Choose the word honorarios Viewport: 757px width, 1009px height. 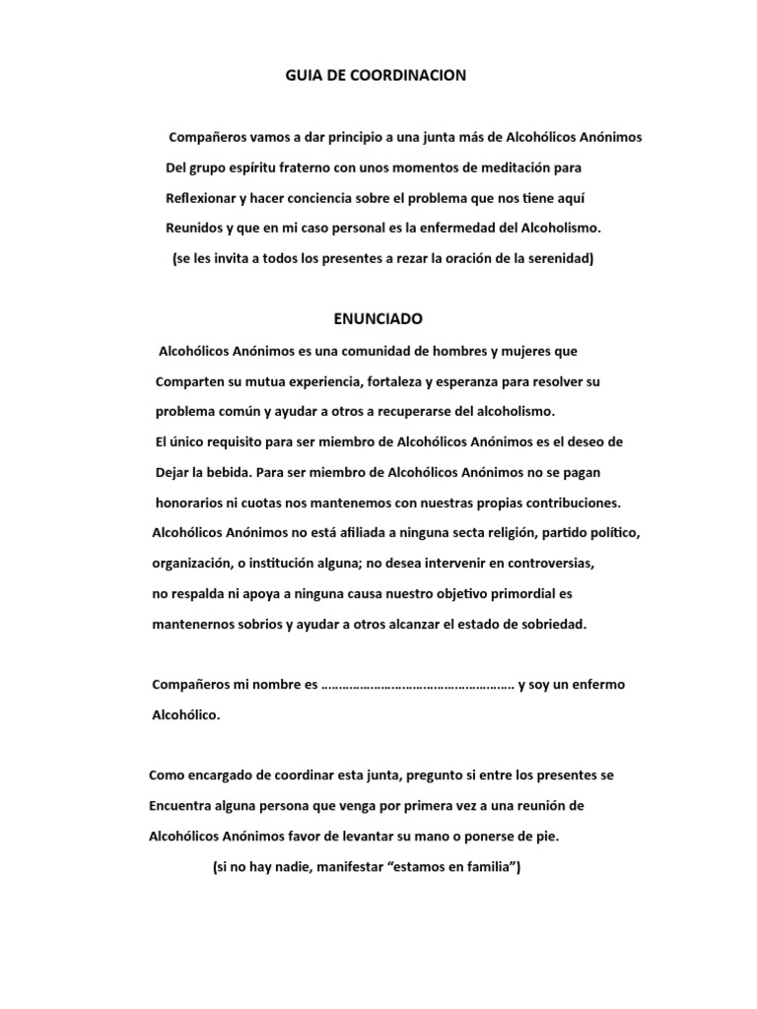click(x=189, y=502)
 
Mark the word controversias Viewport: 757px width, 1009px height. click(x=532, y=563)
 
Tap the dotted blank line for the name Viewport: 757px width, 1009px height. click(x=418, y=685)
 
